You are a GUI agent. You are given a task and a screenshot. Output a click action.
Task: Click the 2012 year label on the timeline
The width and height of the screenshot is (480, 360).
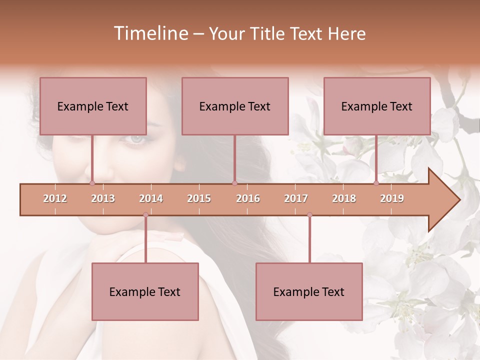[55, 198]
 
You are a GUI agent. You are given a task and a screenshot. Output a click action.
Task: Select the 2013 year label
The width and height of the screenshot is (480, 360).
[103, 198]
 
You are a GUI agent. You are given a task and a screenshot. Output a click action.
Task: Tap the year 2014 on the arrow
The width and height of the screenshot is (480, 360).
[151, 198]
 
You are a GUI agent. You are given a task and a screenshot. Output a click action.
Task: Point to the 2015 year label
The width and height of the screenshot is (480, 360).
[199, 198]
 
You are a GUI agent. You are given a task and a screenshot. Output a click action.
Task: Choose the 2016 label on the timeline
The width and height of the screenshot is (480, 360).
[248, 198]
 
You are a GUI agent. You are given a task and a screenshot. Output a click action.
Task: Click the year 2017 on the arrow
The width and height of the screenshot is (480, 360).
[296, 198]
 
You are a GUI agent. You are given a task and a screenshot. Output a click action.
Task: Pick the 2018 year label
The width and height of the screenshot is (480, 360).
[344, 198]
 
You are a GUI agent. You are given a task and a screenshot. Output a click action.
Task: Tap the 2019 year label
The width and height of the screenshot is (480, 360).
[392, 198]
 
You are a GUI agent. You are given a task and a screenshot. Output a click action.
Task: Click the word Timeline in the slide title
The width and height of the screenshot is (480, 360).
[150, 33]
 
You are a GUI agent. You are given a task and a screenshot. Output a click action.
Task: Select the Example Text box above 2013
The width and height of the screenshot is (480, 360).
[93, 106]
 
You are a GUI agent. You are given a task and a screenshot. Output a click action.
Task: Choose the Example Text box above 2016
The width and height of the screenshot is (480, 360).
[235, 106]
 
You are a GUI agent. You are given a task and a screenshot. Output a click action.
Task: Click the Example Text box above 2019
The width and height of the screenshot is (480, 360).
[377, 106]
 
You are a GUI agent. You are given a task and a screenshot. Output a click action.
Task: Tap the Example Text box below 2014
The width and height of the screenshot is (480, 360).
[145, 291]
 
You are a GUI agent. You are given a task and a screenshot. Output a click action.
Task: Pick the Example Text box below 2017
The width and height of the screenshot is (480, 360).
[309, 291]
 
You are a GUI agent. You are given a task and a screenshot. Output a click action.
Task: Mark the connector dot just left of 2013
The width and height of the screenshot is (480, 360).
[92, 183]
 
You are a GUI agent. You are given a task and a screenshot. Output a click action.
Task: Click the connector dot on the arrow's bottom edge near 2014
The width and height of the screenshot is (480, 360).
[145, 215]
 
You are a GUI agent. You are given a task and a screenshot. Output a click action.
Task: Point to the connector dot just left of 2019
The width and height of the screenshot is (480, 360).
[376, 183]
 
